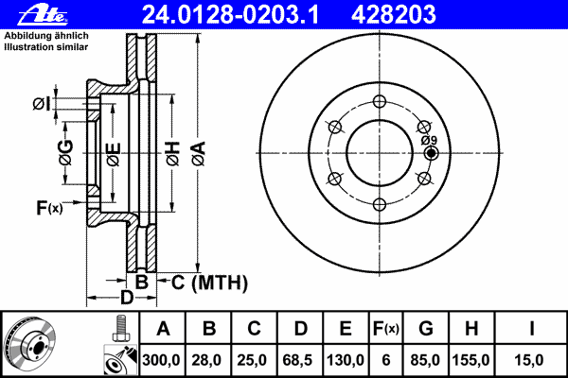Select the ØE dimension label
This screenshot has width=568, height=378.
(113, 153)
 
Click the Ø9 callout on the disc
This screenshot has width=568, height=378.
(428, 141)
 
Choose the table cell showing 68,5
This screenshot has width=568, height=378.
(300, 360)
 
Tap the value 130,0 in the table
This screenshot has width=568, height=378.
(346, 360)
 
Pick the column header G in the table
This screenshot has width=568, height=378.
(425, 329)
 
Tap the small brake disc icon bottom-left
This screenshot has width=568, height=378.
(30, 344)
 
